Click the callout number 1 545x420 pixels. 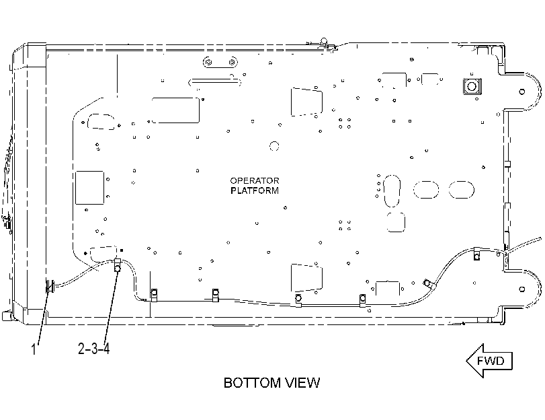click(34, 349)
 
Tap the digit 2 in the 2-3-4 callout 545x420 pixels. click(82, 348)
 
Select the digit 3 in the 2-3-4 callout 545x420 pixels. click(94, 348)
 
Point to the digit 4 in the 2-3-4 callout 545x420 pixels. click(106, 348)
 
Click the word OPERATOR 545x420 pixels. click(255, 181)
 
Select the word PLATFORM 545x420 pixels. click(255, 190)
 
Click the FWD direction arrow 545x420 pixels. click(489, 361)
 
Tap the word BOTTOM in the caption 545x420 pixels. click(252, 383)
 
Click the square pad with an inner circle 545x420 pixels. click(472, 86)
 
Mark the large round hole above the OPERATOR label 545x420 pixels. click(274, 146)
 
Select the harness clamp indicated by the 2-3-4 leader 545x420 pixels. click(118, 266)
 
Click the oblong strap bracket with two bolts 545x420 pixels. click(220, 63)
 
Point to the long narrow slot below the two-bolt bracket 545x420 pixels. click(214, 83)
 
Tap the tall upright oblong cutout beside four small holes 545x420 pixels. click(392, 191)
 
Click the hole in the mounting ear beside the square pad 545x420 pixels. click(521, 92)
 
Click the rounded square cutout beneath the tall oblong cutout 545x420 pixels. click(396, 222)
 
